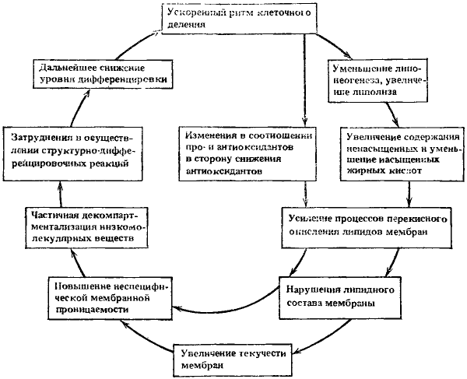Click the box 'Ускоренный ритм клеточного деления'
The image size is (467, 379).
point(240,17)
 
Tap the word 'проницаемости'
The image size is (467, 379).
point(90,309)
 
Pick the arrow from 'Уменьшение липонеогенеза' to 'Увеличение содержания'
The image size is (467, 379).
point(399,114)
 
